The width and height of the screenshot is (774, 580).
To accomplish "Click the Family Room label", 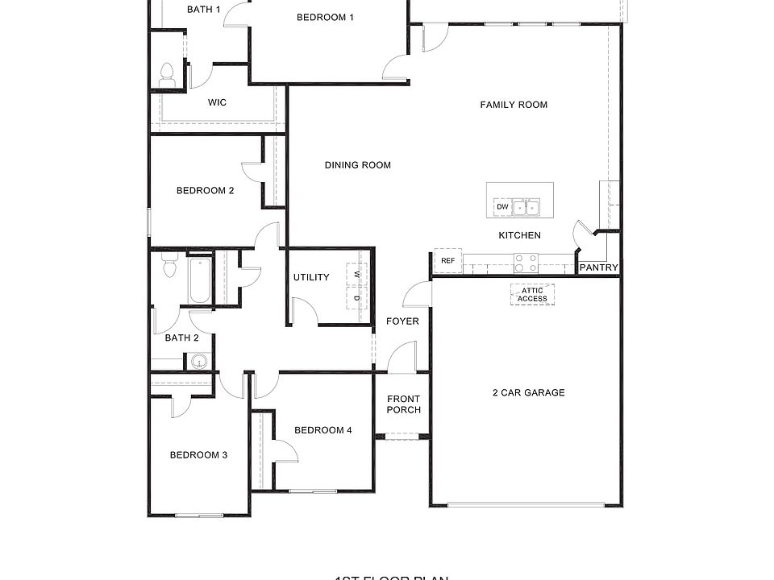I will (x=514, y=105).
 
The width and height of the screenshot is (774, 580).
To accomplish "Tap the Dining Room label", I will (x=358, y=165).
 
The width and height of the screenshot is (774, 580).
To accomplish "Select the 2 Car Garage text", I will (x=528, y=393).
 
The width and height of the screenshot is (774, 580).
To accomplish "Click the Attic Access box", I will (x=532, y=295).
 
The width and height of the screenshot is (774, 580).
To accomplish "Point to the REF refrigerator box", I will (x=447, y=260).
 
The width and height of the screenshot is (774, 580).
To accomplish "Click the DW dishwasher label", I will (x=502, y=207).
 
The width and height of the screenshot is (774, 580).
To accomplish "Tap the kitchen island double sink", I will (x=527, y=208).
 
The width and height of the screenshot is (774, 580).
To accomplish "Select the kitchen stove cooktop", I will (x=526, y=263).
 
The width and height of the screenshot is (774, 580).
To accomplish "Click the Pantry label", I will (x=599, y=267).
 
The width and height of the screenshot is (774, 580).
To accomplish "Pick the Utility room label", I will (x=311, y=278).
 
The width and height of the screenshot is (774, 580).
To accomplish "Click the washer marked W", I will (x=357, y=275).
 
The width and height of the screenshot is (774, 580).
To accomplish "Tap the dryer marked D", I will (x=357, y=297).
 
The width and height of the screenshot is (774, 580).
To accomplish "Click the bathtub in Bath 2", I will (x=199, y=280).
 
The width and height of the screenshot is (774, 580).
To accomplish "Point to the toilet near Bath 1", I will (x=168, y=75).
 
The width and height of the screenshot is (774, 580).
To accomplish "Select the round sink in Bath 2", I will (x=198, y=361).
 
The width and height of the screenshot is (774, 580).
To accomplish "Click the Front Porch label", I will (x=404, y=404).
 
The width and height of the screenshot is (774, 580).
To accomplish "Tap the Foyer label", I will (x=402, y=321).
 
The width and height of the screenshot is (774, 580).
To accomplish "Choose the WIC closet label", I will (x=217, y=102).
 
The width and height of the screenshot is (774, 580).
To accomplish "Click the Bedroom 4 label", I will (x=322, y=430).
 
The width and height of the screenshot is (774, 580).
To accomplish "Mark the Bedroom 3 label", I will (x=198, y=455).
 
